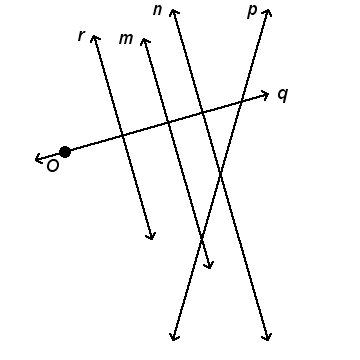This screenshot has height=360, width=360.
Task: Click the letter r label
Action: (x=80, y=36)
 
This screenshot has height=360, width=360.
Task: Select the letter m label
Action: (x=126, y=39)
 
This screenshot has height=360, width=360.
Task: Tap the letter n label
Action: (x=157, y=10)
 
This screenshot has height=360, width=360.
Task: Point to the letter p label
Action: (x=252, y=12)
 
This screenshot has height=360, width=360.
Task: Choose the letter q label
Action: (x=283, y=95)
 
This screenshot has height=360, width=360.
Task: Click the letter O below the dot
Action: (x=53, y=166)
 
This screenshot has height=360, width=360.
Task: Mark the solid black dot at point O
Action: (x=65, y=152)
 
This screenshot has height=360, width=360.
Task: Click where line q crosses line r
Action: (x=123, y=135)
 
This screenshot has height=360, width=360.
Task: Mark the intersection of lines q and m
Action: (x=169, y=122)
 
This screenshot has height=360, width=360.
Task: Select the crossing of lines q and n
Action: (x=202, y=113)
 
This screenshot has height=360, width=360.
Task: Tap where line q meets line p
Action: (x=242, y=102)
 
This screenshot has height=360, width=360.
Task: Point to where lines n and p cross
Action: (x=220, y=173)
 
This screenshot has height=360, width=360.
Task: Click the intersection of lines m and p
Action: (x=201, y=238)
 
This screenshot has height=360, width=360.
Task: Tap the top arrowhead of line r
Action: (x=94, y=37)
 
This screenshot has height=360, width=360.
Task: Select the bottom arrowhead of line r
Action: (x=151, y=237)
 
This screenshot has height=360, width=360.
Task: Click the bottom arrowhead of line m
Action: (x=210, y=266)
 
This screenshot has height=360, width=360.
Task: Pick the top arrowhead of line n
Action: (x=173, y=12)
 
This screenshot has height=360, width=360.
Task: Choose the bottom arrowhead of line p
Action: (x=173, y=337)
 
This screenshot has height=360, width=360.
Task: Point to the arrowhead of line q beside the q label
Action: (x=265, y=95)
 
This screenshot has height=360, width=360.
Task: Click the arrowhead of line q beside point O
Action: (x=38, y=159)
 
